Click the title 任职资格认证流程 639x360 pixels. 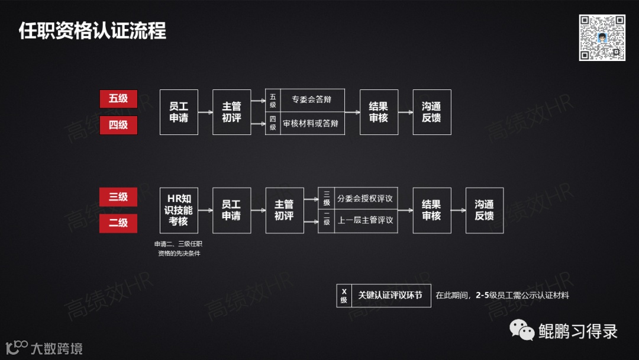click(93, 31)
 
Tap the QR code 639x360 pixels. click(602, 37)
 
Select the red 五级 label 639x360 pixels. click(118, 99)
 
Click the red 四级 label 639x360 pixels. click(118, 125)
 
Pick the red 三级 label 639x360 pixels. click(118, 197)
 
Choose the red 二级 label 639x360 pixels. click(118, 223)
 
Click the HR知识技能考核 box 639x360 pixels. click(179, 210)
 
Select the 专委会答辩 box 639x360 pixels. click(312, 99)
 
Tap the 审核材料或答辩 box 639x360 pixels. click(312, 124)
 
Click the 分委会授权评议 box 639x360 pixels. click(364, 198)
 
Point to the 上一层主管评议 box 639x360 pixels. click(364, 220)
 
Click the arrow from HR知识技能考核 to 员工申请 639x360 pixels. click(205, 210)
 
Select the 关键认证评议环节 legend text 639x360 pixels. click(390, 295)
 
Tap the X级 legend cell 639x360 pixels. click(344, 295)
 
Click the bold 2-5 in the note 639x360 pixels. click(482, 295)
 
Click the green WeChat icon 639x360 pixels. click(522, 330)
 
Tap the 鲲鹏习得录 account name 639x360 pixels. click(577, 331)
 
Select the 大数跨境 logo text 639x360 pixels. click(56, 348)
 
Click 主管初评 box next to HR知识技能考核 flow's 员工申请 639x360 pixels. click(284, 210)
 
